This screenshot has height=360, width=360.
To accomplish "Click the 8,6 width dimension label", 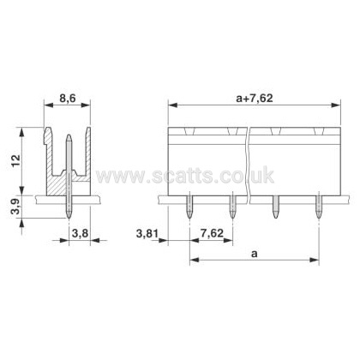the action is (68, 99).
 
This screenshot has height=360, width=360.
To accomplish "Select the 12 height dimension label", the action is (16, 161).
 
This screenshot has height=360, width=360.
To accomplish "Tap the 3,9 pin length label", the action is (16, 207).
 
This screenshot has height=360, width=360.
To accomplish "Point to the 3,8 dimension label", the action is (80, 234).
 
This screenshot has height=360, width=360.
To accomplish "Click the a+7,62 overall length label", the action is (255, 99).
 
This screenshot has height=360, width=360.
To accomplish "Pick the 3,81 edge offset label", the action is (147, 234).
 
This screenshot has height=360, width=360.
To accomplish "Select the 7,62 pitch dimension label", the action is (212, 233).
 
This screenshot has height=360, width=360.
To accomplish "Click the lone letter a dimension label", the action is (254, 254).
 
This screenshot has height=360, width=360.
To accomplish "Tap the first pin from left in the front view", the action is (189, 207).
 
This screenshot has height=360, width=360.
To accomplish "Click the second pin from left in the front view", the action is (233, 207).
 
